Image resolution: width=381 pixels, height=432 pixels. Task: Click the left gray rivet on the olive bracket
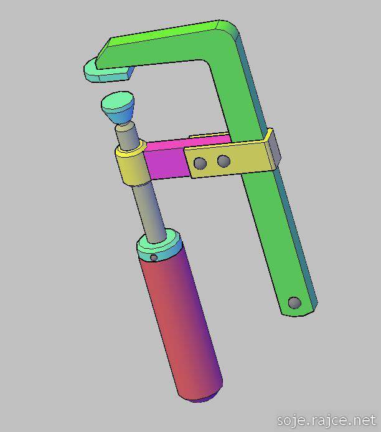point(200,163)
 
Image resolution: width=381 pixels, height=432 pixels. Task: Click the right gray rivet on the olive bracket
point(223,161)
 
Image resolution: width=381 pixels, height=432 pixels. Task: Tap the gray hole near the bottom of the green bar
point(294,302)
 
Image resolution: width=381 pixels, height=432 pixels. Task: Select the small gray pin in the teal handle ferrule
point(154,257)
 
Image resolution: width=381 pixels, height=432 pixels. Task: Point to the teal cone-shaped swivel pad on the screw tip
point(118,107)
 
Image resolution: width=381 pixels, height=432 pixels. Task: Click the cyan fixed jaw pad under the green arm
point(107,72)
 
